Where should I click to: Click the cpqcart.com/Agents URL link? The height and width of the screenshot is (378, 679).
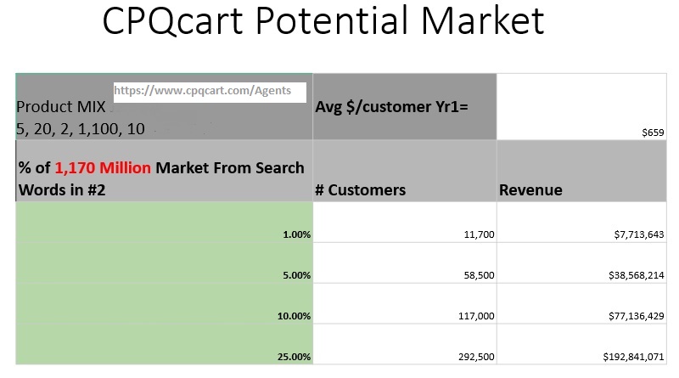(202, 91)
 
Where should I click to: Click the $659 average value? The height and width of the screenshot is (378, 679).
(653, 133)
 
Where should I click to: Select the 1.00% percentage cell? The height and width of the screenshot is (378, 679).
(296, 234)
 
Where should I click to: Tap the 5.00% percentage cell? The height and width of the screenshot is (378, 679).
(296, 275)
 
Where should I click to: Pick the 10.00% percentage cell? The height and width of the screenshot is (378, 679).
(294, 316)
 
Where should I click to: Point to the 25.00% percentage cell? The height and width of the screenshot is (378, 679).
(294, 357)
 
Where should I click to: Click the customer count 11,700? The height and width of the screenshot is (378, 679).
(479, 234)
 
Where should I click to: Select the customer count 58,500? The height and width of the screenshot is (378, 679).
(479, 275)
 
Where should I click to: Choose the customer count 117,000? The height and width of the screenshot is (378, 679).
(476, 316)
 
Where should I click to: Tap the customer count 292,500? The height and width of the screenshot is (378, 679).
(476, 357)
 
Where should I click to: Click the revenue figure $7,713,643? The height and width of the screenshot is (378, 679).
(639, 234)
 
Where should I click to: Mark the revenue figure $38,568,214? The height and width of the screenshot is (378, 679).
(637, 275)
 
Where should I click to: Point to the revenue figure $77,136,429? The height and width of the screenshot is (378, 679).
(637, 316)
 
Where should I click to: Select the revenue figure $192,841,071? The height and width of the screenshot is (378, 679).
(633, 357)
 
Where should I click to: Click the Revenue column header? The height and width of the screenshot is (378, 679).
(530, 190)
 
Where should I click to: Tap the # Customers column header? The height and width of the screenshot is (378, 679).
(360, 190)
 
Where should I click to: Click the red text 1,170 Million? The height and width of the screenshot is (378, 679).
(103, 167)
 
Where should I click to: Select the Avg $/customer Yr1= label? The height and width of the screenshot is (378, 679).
(391, 107)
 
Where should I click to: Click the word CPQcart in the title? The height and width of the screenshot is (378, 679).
(173, 20)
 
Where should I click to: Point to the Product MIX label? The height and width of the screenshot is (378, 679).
(60, 107)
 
